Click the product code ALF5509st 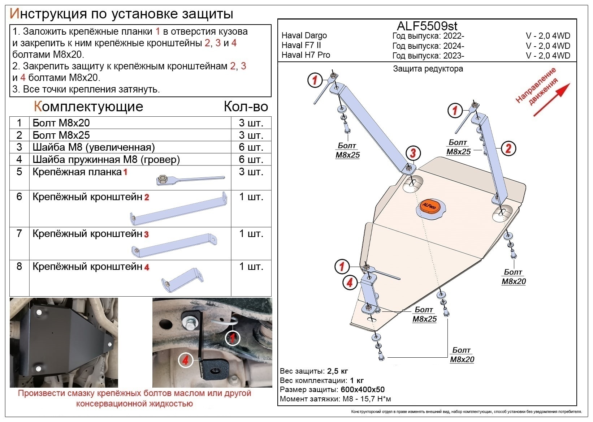[427, 26]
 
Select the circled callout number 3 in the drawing [413, 153]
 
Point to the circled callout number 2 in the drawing [508, 148]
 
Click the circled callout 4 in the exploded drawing [349, 282]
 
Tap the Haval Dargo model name [304, 35]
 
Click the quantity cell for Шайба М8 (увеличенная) [251, 147]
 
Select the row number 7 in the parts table [19, 234]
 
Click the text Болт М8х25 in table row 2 [61, 135]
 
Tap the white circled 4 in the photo [185, 360]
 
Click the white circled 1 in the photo [233, 338]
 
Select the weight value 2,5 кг [337, 371]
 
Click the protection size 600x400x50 [362, 390]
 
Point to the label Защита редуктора [428, 69]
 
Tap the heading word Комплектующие [88, 107]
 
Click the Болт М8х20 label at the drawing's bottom [462, 355]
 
